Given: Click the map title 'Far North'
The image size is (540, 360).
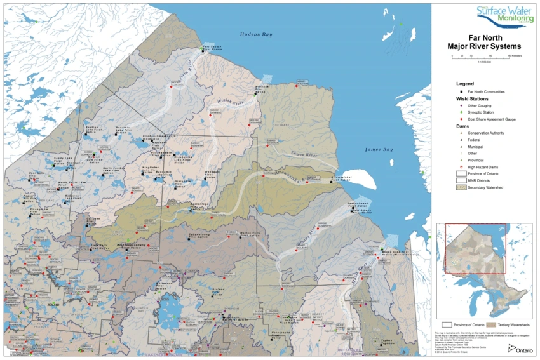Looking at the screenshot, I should click(485, 37).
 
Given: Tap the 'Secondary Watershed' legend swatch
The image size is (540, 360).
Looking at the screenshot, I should click(461, 188).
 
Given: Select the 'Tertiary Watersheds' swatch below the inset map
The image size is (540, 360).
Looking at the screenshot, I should click(486, 325).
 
